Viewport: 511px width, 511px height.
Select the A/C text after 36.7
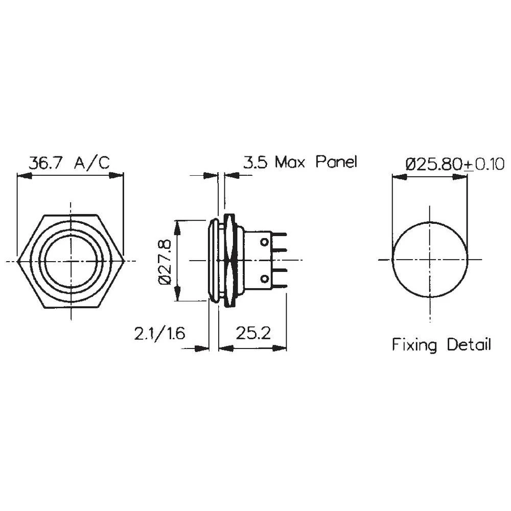(91, 163)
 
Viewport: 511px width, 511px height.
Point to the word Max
(291, 163)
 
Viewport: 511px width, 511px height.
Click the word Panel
(336, 163)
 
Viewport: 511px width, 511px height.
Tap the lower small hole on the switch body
(265, 278)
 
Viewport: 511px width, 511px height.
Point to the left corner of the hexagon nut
(18, 261)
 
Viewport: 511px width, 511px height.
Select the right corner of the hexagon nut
(124, 261)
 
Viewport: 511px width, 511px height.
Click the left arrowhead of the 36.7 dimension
(22, 176)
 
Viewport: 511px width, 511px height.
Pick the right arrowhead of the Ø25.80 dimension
(462, 176)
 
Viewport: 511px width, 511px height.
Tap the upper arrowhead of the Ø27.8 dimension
(177, 225)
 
